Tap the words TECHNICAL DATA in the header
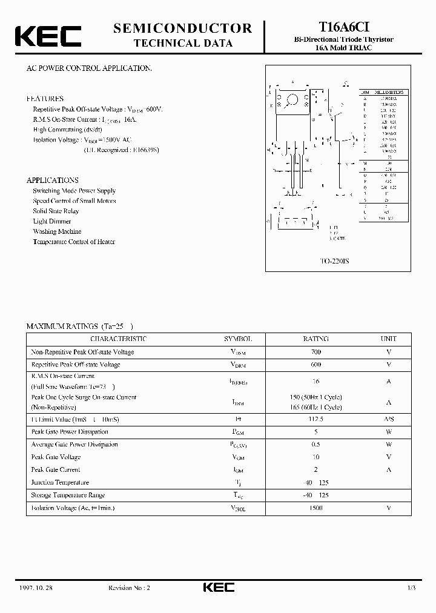point(182,43)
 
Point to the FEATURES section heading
point(45,98)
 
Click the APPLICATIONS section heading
point(52,180)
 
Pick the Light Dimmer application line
point(52,221)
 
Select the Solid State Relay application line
point(56,211)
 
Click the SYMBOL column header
point(238,339)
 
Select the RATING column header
point(315,339)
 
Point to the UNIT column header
point(388,339)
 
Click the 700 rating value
point(315,352)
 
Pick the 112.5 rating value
point(315,419)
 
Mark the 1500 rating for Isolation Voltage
point(315,508)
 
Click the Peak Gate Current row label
point(56,469)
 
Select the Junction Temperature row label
point(60,482)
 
